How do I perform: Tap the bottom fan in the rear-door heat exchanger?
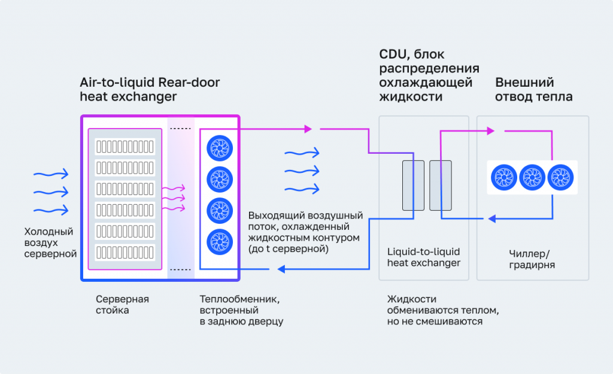(x=219, y=241)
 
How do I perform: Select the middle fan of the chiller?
(x=532, y=177)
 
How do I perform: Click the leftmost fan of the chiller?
(x=503, y=177)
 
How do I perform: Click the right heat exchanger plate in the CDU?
(x=439, y=186)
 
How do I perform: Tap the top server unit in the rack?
(x=125, y=146)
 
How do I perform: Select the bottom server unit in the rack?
(x=125, y=251)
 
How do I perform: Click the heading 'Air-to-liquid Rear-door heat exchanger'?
(x=150, y=89)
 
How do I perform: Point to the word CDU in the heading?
(x=392, y=55)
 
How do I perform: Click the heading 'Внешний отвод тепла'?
(x=533, y=89)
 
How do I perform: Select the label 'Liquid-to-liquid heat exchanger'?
(x=423, y=257)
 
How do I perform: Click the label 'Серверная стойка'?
(x=122, y=304)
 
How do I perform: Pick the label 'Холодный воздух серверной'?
(x=50, y=242)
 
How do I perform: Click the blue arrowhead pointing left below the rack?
(x=280, y=270)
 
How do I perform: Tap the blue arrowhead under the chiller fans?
(x=492, y=219)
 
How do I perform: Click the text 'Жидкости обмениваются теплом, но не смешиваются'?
(x=443, y=310)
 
